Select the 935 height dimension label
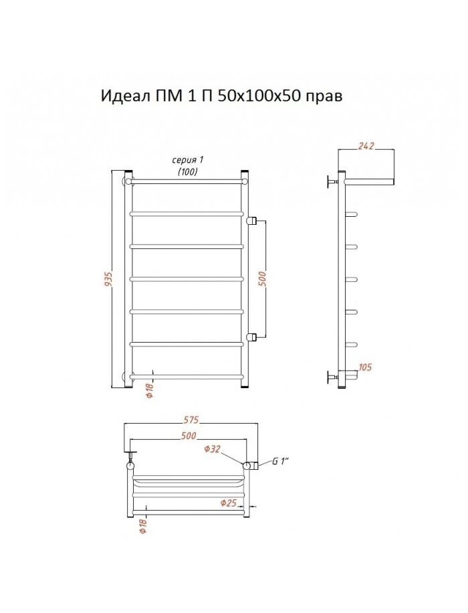[x=110, y=280]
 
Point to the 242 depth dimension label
[x=366, y=146]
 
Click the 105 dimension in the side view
[x=365, y=367]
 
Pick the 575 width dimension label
[x=191, y=420]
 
